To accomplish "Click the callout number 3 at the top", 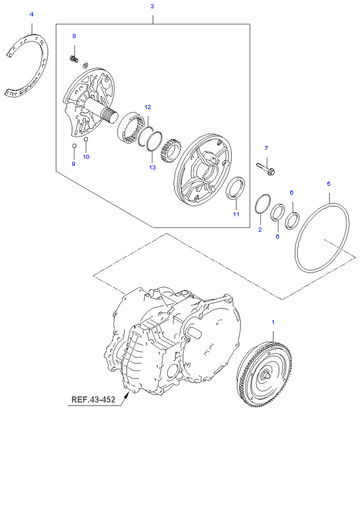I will tap(152, 6).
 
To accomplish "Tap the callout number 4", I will tap(32, 13).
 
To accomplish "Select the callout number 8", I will tap(74, 36).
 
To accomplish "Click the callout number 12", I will tap(148, 107).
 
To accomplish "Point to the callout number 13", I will tap(152, 168).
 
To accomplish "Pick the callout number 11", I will tap(236, 215).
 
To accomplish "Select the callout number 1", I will tap(272, 322).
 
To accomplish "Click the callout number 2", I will tap(260, 230).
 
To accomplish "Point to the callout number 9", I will tap(74, 164).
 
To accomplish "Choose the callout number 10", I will tap(86, 156).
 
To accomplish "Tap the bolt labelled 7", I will tap(267, 169).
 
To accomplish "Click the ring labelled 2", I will tap(262, 203).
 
